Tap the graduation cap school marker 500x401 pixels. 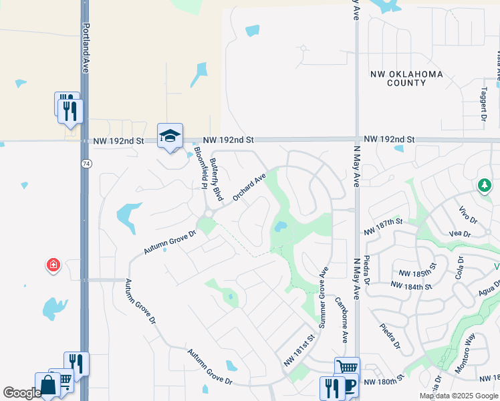170,136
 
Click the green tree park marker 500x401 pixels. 484,185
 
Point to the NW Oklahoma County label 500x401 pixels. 406,78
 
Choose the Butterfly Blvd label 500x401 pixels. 215,180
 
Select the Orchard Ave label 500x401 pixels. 249,186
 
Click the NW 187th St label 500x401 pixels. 384,226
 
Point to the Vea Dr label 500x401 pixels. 461,234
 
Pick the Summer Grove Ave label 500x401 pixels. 323,297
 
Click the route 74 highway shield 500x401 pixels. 86,164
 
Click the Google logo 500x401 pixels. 22,393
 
